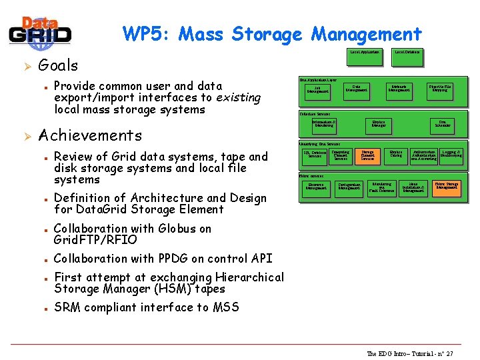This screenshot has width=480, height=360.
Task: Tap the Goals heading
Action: [x=58, y=65]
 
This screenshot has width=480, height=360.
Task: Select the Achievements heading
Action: [x=90, y=135]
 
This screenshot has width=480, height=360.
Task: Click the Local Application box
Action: [x=364, y=52]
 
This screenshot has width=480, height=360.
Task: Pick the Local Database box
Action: [x=407, y=52]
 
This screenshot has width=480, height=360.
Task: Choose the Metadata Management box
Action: [x=399, y=89]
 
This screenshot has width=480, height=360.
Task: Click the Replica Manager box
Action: [x=378, y=124]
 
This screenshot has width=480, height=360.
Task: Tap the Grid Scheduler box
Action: [x=443, y=124]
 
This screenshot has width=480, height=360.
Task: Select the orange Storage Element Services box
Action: [x=367, y=156]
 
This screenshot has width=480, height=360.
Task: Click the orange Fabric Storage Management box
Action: [x=446, y=187]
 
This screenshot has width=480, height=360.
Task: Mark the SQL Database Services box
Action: [x=314, y=155]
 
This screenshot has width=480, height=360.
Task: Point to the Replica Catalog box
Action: [x=396, y=155]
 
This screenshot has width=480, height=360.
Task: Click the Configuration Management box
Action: [x=349, y=187]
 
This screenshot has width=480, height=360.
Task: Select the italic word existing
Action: [x=238, y=97]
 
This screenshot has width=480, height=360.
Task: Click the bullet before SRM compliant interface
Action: [x=43, y=309]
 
